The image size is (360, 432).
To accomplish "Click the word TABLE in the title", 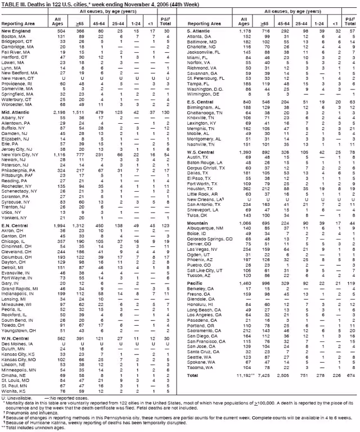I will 10,3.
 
